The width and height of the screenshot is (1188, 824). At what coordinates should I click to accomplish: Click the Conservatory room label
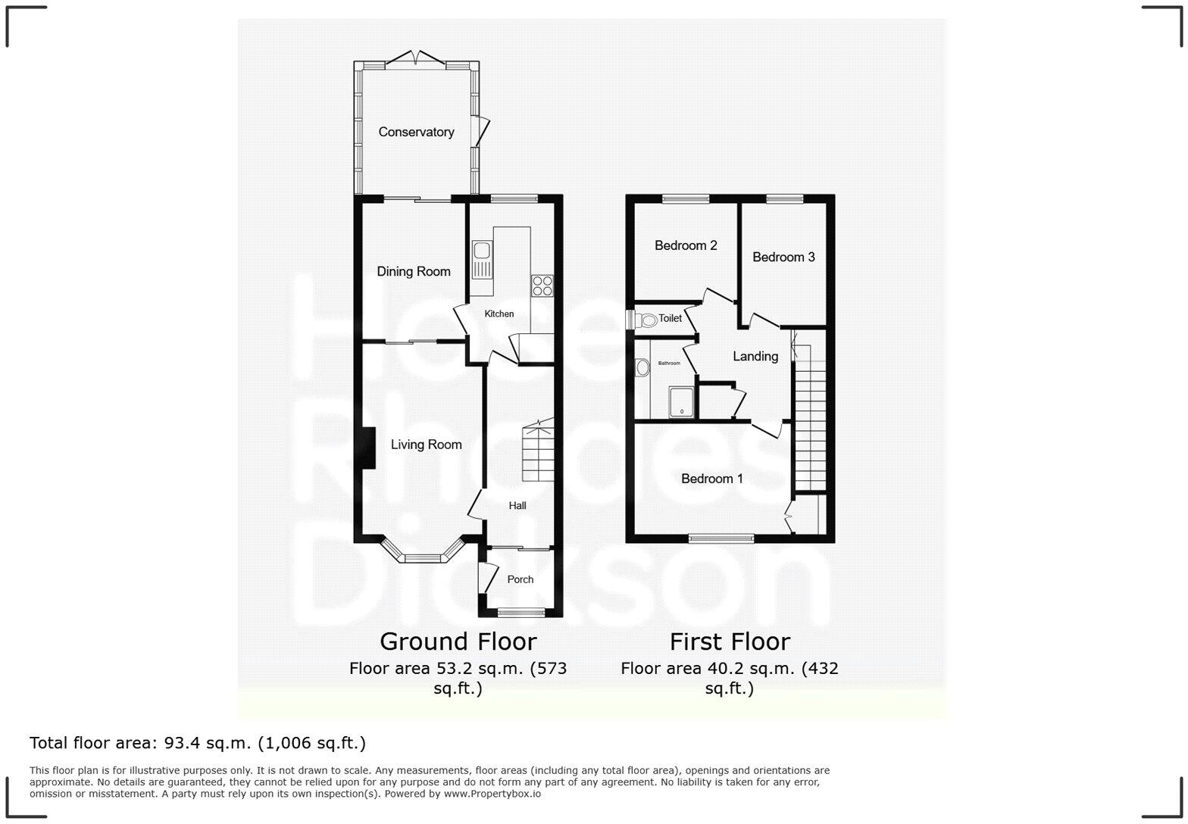pyautogui.click(x=416, y=132)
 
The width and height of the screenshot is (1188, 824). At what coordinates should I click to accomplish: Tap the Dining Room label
pyautogui.click(x=413, y=271)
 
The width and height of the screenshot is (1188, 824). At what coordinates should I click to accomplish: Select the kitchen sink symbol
pyautogui.click(x=482, y=259)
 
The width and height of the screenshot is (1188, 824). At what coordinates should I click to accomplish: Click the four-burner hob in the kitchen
pyautogui.click(x=542, y=286)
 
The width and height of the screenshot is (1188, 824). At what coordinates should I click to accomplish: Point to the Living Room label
pyautogui.click(x=426, y=445)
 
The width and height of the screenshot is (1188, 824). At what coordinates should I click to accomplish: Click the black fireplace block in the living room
pyautogui.click(x=368, y=448)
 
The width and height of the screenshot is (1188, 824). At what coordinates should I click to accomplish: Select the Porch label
pyautogui.click(x=520, y=579)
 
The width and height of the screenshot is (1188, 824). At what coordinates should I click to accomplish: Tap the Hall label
pyautogui.click(x=517, y=505)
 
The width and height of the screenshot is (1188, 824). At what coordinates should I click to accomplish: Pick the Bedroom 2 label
pyautogui.click(x=686, y=245)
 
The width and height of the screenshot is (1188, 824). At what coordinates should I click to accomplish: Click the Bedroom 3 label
pyautogui.click(x=783, y=257)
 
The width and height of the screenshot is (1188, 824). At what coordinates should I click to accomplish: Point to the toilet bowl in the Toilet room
pyautogui.click(x=648, y=320)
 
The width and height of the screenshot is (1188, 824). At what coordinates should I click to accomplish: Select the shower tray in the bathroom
pyautogui.click(x=682, y=401)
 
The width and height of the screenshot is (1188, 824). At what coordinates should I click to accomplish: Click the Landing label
pyautogui.click(x=755, y=356)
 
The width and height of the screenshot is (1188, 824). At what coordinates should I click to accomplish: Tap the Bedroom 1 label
pyautogui.click(x=711, y=479)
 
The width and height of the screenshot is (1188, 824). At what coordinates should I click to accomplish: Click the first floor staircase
pyautogui.click(x=809, y=424)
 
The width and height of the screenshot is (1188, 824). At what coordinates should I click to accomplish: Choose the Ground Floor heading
pyautogui.click(x=458, y=641)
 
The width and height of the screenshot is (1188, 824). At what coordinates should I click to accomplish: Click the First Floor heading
pyautogui.click(x=730, y=641)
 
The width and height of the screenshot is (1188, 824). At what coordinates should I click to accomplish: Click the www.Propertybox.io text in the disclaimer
pyautogui.click(x=492, y=794)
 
